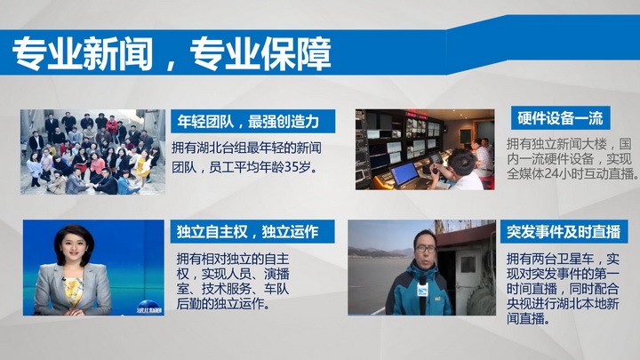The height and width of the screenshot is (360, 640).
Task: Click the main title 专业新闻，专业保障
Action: [x=172, y=53]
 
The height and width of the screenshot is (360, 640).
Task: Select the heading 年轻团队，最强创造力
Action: [x=249, y=121]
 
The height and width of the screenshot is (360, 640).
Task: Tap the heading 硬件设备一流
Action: [x=560, y=118]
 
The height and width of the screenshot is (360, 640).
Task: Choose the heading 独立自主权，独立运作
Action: [x=248, y=231]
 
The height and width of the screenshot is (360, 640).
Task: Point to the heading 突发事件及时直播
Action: [x=564, y=231]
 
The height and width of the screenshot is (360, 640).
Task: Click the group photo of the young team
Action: [x=93, y=152]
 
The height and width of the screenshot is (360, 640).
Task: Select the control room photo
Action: [x=425, y=149]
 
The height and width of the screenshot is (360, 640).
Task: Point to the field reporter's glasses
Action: [x=426, y=248]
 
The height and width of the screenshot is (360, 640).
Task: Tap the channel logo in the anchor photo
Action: [x=148, y=308]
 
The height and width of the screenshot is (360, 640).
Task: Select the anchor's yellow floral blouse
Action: [x=74, y=291]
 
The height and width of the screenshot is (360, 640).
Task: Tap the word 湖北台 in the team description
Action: [x=215, y=148]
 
